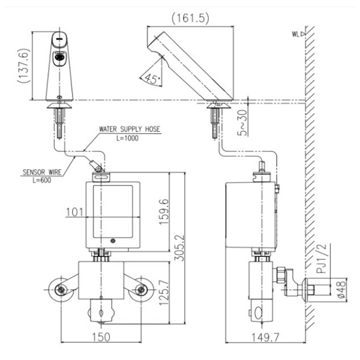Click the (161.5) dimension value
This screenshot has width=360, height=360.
(190, 18)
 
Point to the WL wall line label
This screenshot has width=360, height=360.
(296, 34)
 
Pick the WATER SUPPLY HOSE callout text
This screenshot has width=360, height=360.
(130, 129)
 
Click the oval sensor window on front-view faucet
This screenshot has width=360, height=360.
(59, 59)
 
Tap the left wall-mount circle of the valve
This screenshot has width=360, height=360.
(61, 291)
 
